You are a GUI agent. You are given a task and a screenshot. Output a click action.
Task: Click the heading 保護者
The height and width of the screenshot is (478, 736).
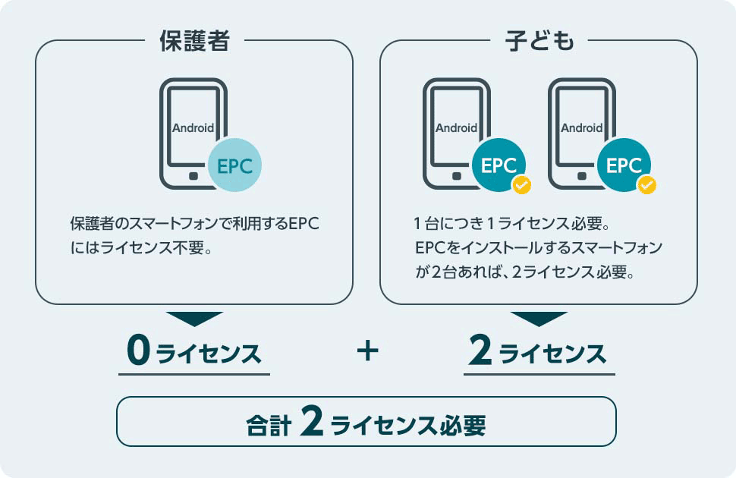point(194,40)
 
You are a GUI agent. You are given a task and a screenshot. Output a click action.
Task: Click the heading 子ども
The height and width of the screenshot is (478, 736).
point(539,40)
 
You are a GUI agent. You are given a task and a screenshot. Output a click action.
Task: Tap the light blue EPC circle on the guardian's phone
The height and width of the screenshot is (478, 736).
point(234,165)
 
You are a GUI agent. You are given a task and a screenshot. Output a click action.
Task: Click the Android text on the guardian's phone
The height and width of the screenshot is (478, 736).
point(193,127)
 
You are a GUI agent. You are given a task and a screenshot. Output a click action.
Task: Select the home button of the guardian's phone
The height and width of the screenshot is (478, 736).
point(193,176)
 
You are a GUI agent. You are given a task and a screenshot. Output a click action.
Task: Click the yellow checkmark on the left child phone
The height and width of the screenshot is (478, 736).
point(521,185)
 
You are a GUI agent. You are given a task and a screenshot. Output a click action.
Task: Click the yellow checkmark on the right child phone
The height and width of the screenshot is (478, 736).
point(646,185)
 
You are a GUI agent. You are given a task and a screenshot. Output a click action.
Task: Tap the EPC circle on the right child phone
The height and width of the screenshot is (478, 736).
point(624,165)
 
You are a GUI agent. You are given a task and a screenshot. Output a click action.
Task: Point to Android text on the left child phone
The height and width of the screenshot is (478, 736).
point(456,127)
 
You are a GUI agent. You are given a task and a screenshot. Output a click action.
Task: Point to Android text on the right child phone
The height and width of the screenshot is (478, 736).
point(581,127)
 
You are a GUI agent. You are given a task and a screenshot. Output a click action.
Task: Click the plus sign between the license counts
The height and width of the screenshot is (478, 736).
point(367,351)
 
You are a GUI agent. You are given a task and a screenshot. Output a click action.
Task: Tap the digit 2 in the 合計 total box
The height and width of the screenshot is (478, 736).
point(312,422)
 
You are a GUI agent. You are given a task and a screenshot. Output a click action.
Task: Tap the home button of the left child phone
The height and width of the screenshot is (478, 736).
point(456,176)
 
